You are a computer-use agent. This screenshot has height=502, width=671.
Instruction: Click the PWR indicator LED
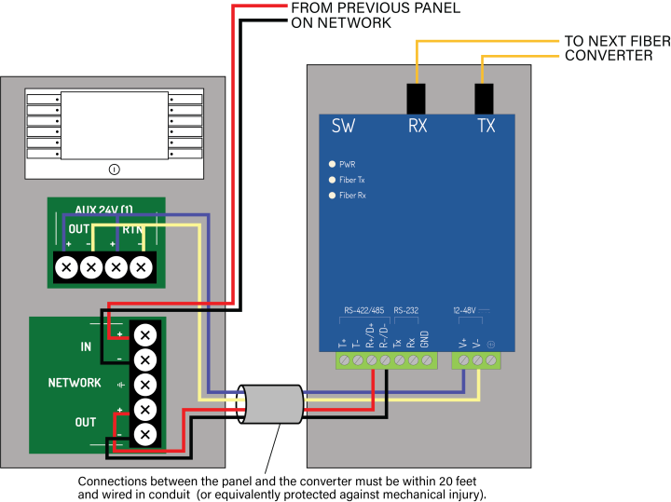pyautogui.click(x=331, y=164)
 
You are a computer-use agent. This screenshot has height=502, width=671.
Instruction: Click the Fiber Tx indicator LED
pyautogui.click(x=331, y=180)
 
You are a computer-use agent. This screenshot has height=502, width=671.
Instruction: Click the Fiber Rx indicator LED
pyautogui.click(x=331, y=196)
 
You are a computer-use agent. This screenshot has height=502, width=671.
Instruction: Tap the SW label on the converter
pyautogui.click(x=343, y=126)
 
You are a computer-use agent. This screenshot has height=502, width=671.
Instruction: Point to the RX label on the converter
pyautogui.click(x=418, y=126)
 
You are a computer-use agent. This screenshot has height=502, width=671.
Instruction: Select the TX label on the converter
pyautogui.click(x=486, y=126)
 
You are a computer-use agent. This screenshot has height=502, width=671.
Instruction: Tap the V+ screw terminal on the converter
pyautogui.click(x=463, y=360)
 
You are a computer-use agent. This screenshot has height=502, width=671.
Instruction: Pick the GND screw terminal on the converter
pyautogui.click(x=427, y=360)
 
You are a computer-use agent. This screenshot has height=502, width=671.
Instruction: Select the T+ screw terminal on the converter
pyautogui.click(x=344, y=360)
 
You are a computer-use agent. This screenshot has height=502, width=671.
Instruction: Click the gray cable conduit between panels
pyautogui.click(x=273, y=405)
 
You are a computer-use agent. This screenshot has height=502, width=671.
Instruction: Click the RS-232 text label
pyautogui.click(x=406, y=310)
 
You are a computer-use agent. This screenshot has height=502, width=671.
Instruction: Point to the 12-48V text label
pyautogui.click(x=465, y=310)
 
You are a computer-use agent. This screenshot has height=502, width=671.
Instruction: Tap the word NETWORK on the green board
pyautogui.click(x=75, y=383)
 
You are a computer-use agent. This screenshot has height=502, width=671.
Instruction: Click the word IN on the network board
pyautogui.click(x=86, y=346)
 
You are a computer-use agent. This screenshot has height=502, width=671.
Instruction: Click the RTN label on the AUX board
pyautogui.click(x=133, y=229)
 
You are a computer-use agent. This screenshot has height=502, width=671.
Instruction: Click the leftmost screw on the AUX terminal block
pyautogui.click(x=66, y=268)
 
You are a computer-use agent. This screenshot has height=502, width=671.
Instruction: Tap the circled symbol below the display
pyautogui.click(x=114, y=169)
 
